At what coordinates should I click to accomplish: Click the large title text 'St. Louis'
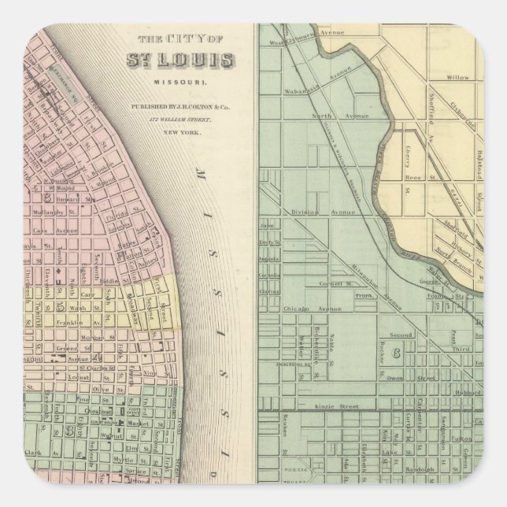180,61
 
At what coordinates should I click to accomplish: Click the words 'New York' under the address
182,133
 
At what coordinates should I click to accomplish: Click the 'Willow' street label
457,78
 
